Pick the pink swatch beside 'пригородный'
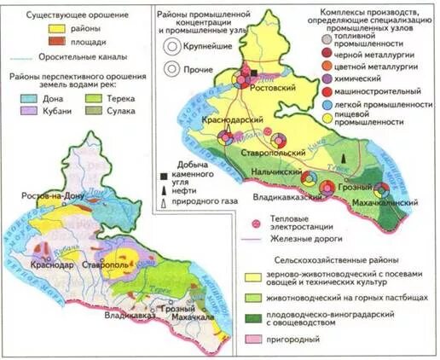click(254, 340)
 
